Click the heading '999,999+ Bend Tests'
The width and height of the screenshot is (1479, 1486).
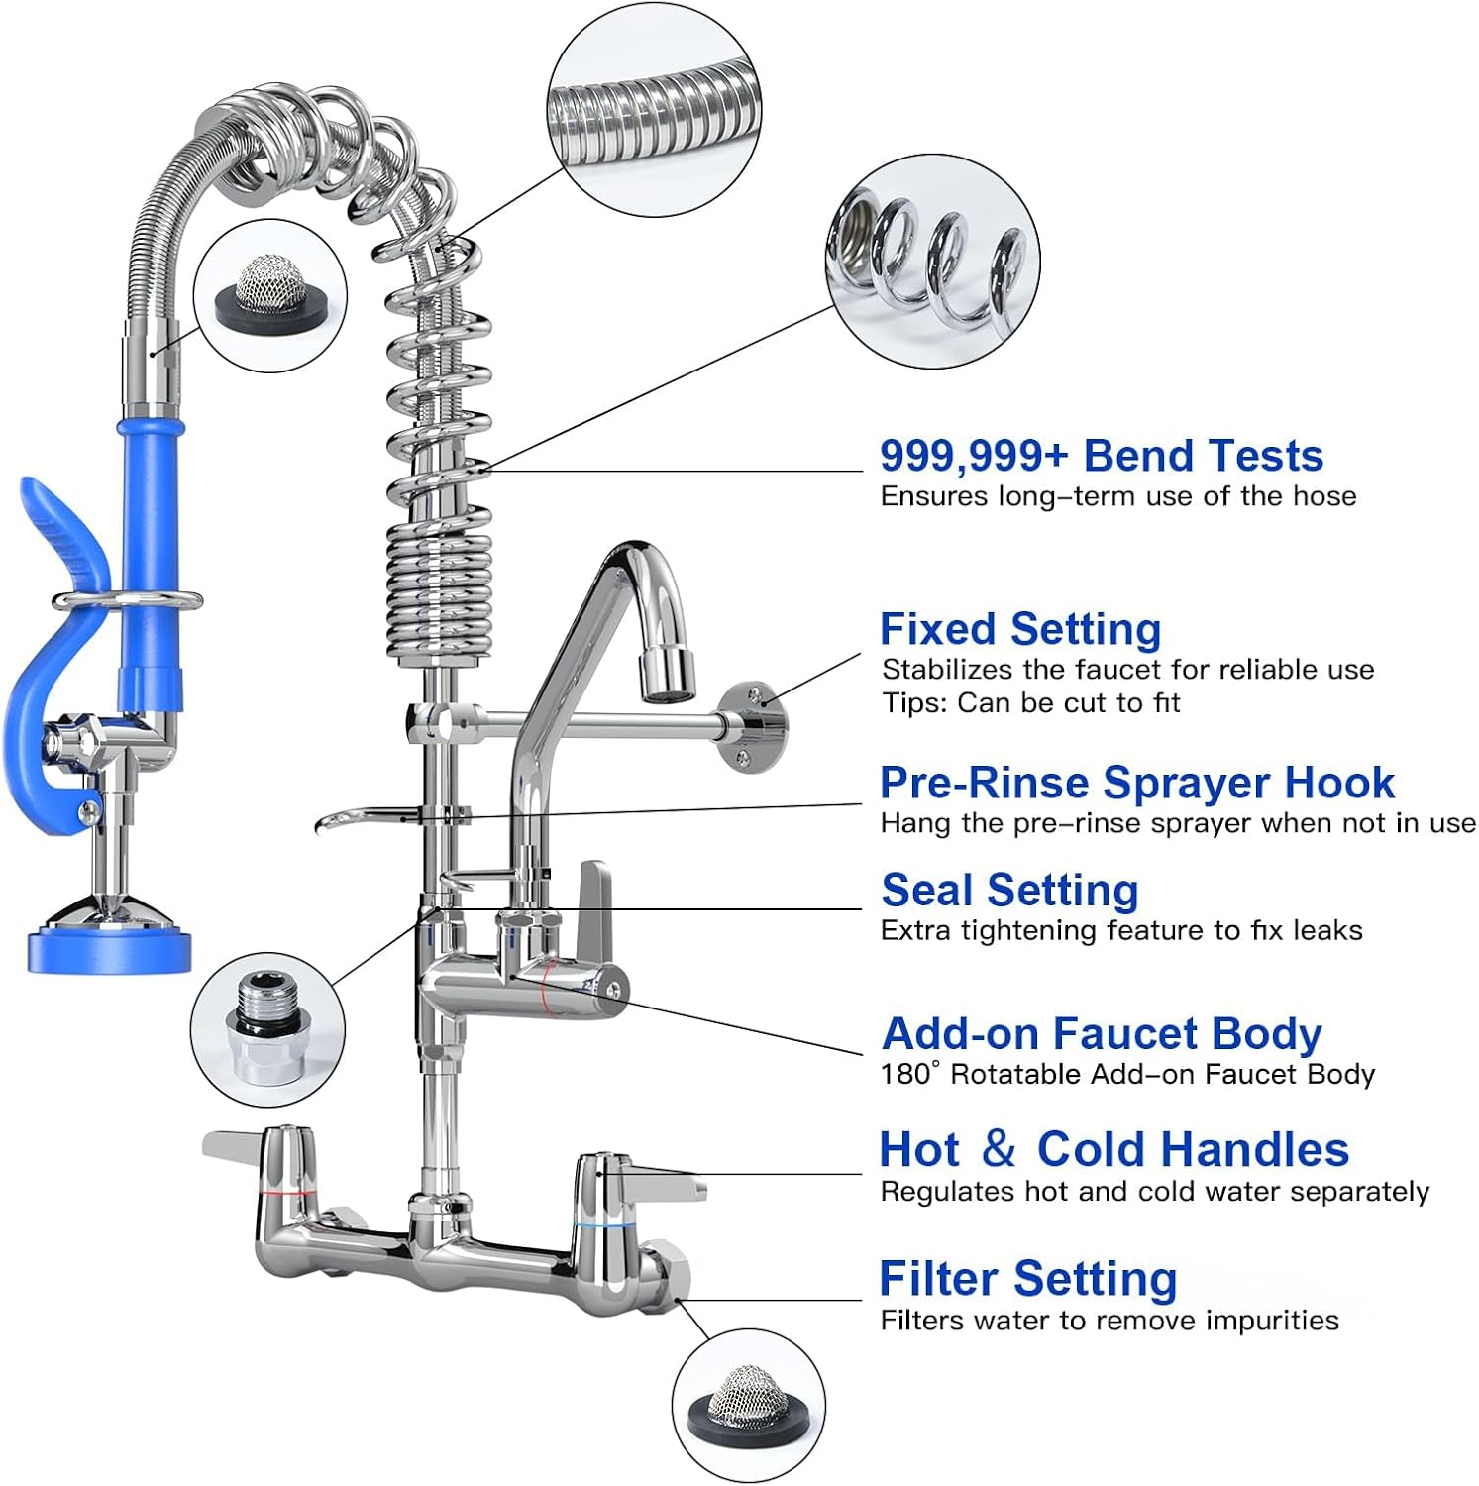(x=1101, y=457)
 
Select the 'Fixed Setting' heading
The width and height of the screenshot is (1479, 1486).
(x=1019, y=630)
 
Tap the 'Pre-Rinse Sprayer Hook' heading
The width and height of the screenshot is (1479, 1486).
(x=1136, y=784)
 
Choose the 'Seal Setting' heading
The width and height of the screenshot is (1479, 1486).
(x=1009, y=891)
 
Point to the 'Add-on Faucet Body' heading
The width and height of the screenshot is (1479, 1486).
(x=1101, y=1034)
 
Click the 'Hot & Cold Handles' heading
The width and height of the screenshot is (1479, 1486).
(x=1113, y=1150)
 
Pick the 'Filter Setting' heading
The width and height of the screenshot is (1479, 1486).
(x=1027, y=1279)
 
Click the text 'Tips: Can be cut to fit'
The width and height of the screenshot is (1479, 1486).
(x=1030, y=703)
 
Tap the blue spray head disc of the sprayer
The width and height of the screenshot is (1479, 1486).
(x=108, y=949)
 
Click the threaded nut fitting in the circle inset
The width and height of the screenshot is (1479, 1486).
(x=267, y=1030)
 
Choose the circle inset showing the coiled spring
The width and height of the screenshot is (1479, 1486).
(x=932, y=262)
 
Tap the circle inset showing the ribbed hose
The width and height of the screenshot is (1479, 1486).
(x=654, y=110)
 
